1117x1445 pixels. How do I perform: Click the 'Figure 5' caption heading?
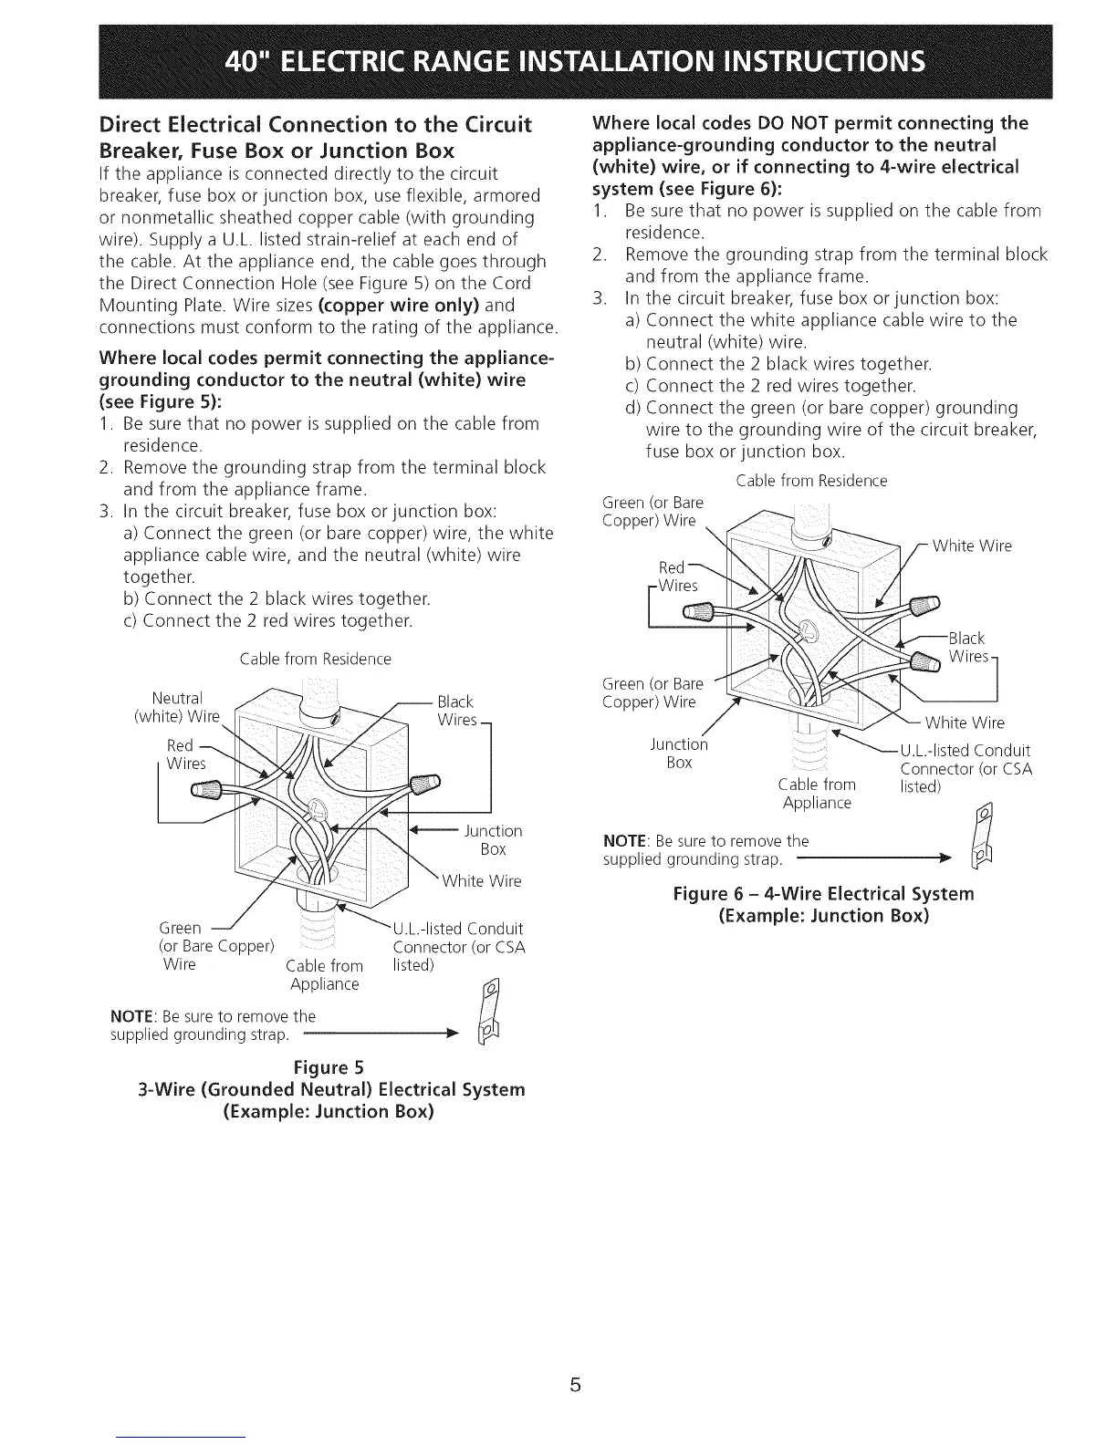[x=329, y=1067]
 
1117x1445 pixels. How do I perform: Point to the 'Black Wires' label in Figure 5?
[x=456, y=711]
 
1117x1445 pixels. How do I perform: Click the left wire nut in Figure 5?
[x=206, y=788]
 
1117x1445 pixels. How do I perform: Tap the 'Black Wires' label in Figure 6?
[x=968, y=647]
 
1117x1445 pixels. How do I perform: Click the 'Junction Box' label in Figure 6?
[x=680, y=753]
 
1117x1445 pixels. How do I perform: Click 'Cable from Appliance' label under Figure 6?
[x=817, y=794]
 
